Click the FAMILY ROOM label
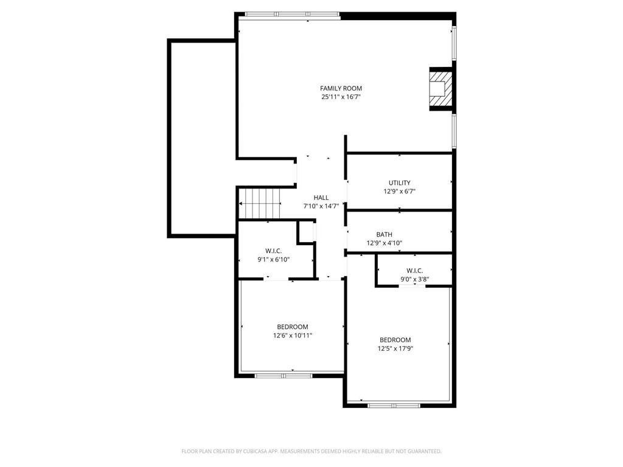(341, 88)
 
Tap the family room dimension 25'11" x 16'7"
(341, 97)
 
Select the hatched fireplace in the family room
(441, 89)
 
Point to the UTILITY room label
(399, 182)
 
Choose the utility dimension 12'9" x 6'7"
(399, 191)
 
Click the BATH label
(384, 234)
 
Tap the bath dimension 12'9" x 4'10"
(384, 243)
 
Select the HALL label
(321, 198)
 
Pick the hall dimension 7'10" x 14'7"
(321, 206)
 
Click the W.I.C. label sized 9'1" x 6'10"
(273, 251)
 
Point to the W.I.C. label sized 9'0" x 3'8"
(414, 271)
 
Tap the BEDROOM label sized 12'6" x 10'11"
(293, 327)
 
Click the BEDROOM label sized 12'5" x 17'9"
(395, 340)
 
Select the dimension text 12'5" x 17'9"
(395, 348)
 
